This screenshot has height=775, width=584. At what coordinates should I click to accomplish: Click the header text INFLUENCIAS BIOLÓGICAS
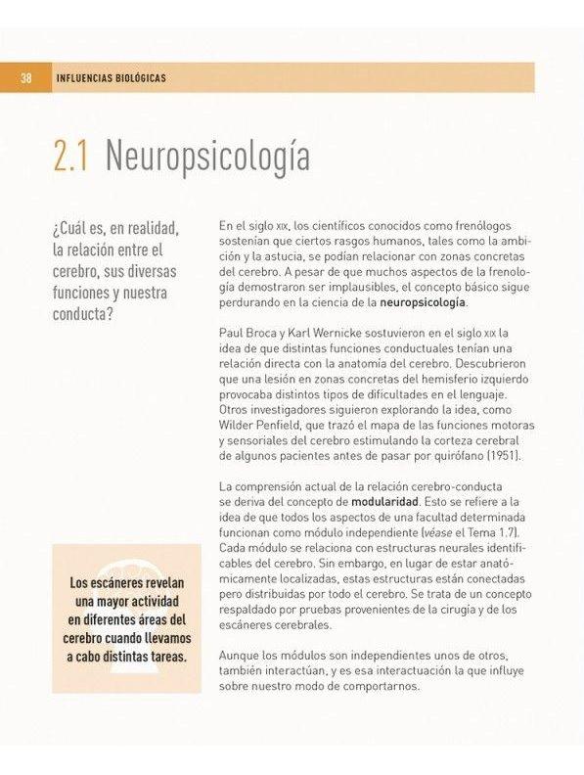pyautogui.click(x=112, y=78)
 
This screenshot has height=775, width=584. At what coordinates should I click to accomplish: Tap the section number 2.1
pyautogui.click(x=71, y=157)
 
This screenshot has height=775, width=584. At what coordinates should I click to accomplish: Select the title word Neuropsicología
pyautogui.click(x=206, y=157)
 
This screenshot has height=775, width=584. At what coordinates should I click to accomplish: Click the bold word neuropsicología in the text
pyautogui.click(x=424, y=303)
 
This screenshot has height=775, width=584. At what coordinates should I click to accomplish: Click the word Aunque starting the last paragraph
pyautogui.click(x=241, y=655)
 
